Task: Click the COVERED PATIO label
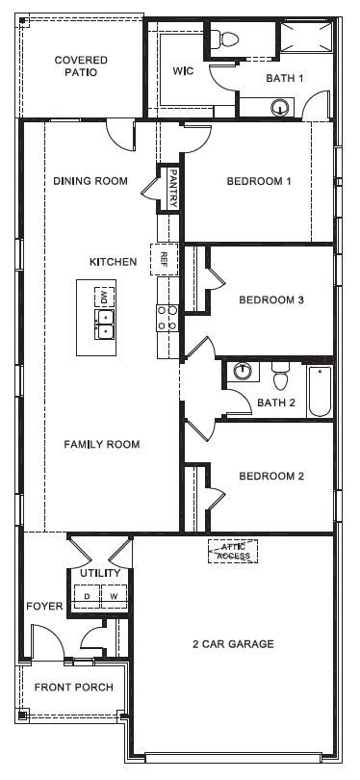point(81,65)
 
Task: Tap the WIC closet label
point(184,71)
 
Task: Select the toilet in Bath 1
point(228,39)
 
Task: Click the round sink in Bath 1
point(280,108)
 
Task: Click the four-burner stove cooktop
point(167,318)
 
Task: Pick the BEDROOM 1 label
point(258,181)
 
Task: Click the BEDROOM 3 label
point(271,299)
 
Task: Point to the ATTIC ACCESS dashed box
point(232,551)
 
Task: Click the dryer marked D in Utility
point(87,596)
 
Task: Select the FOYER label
point(44,606)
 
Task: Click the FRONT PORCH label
point(73,688)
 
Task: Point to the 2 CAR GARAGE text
point(233,643)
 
